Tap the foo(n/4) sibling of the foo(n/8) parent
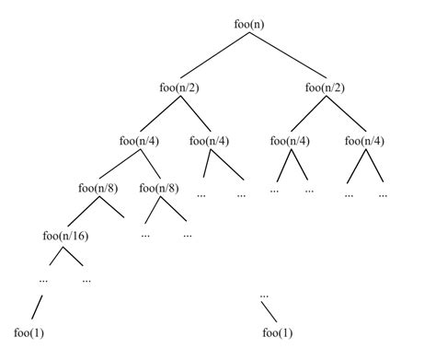210,141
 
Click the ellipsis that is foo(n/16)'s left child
43,278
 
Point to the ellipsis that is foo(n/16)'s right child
87,278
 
